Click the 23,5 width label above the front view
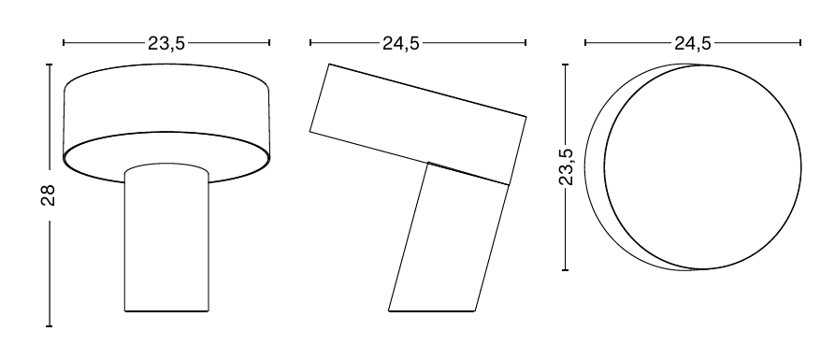click(x=166, y=43)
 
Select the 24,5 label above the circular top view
click(x=692, y=43)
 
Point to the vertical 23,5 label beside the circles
click(x=566, y=166)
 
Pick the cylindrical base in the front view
click(x=166, y=243)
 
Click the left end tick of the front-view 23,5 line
click(x=64, y=43)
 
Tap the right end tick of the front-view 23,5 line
click(x=269, y=43)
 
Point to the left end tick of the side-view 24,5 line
click(x=310, y=43)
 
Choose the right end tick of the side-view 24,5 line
click(x=525, y=43)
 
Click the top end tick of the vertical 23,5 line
click(x=566, y=65)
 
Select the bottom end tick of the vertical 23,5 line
click(x=566, y=270)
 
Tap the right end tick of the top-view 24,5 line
click(x=801, y=43)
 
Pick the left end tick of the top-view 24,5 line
click(x=585, y=43)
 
